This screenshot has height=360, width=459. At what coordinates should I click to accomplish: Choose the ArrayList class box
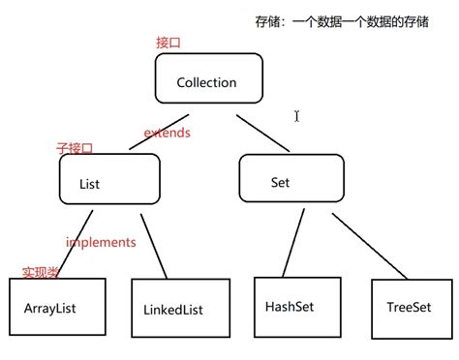point(54,308)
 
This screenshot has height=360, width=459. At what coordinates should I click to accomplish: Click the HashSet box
point(289,306)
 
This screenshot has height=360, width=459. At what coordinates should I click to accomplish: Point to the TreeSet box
point(408,308)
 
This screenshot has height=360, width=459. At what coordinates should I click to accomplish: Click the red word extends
point(167,132)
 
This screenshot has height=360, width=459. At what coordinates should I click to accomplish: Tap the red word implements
point(101,242)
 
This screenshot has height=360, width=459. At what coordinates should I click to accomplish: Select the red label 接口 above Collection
point(169,43)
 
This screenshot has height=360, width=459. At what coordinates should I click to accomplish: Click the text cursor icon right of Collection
point(297,116)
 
